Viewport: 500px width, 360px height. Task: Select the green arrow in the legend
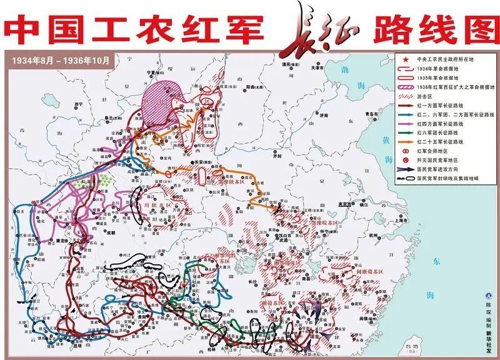tap(406, 133)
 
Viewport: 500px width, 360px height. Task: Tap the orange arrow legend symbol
tap(406, 142)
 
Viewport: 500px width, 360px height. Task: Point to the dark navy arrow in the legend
tap(406, 169)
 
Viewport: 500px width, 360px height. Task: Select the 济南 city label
tap(322, 116)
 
